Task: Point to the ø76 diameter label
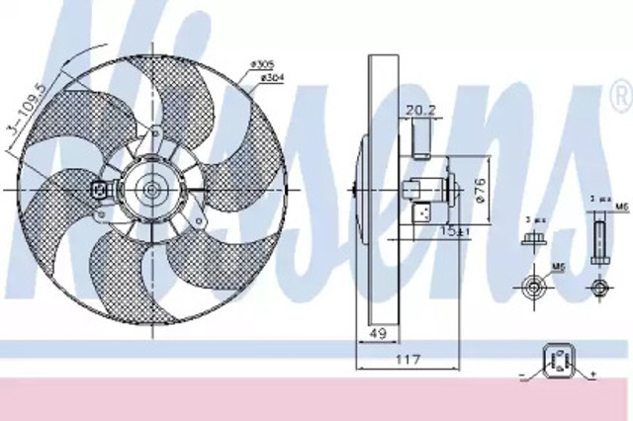pyautogui.click(x=480, y=190)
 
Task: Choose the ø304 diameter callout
pyautogui.click(x=273, y=78)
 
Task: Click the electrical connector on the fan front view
pyautogui.click(x=99, y=190)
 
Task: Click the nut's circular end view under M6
pyautogui.click(x=533, y=288)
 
